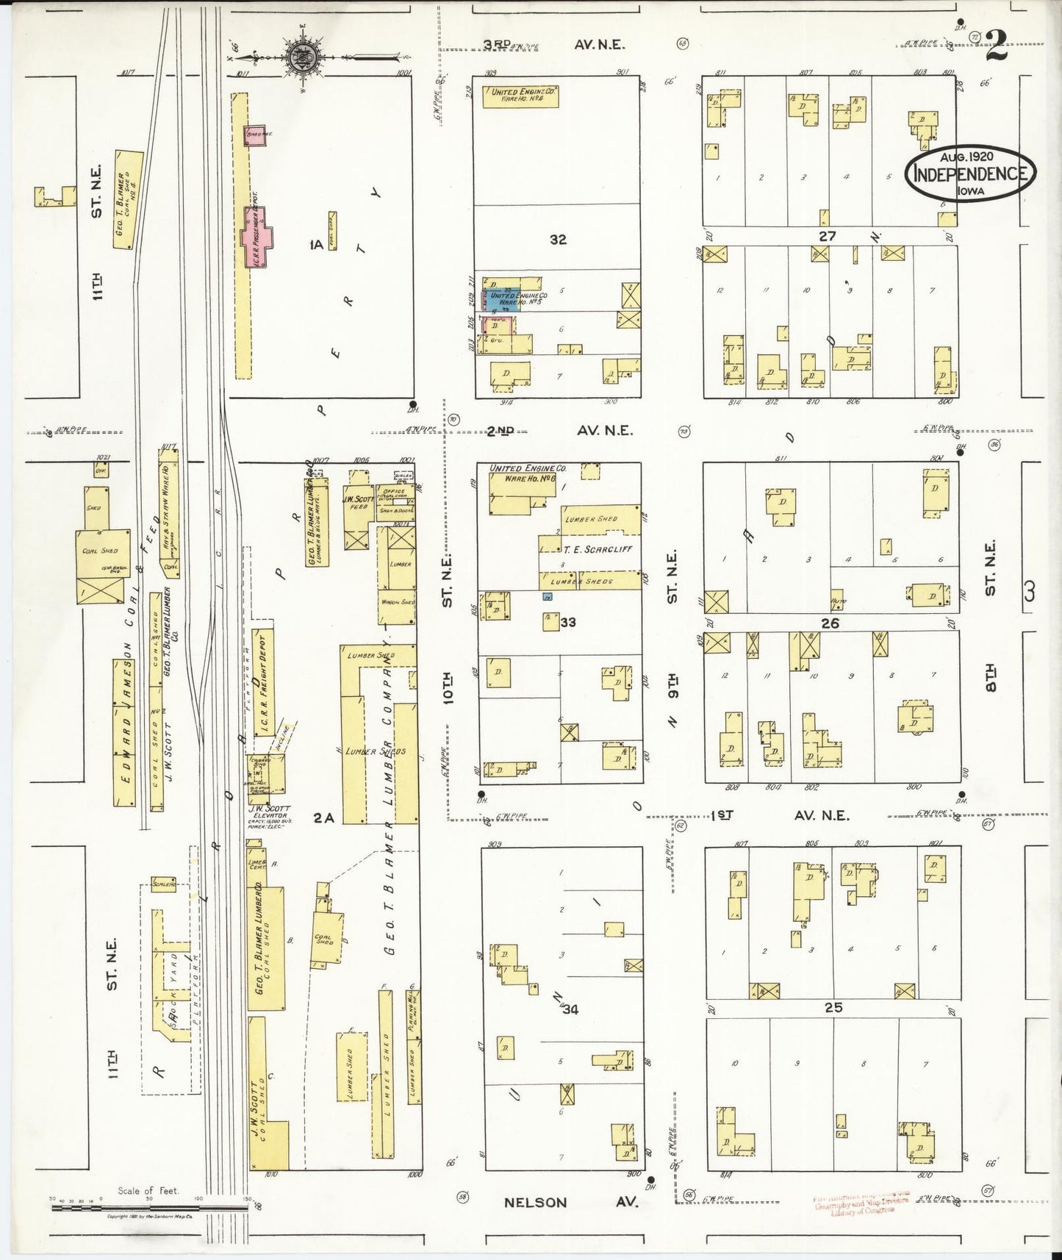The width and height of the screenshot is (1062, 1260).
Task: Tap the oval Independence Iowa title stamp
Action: [x=970, y=173]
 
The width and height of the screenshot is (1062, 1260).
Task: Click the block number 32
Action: [x=558, y=239]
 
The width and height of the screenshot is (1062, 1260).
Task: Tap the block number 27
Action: [x=828, y=236]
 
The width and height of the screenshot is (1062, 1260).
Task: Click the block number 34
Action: [x=570, y=1009]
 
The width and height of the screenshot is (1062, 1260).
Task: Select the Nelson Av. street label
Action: [x=570, y=1203]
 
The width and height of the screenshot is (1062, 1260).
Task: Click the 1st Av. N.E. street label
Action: [x=779, y=815]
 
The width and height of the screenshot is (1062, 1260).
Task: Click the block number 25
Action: [x=833, y=1008]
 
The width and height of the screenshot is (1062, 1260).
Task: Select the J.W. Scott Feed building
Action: [x=358, y=507]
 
